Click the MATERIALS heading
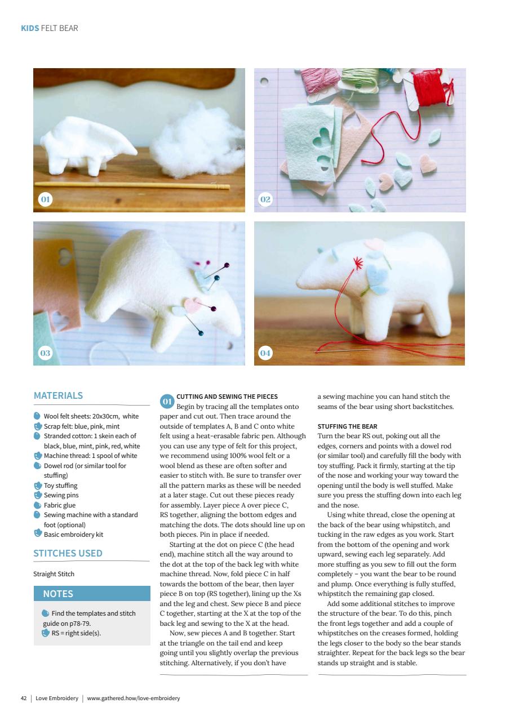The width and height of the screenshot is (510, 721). [x=59, y=396]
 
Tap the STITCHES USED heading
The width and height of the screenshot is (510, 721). [x=68, y=553]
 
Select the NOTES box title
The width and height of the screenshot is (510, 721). [x=58, y=594]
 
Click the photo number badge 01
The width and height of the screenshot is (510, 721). [x=45, y=199]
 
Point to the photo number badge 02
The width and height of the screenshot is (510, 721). [x=265, y=199]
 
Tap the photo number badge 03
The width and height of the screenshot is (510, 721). [x=45, y=353]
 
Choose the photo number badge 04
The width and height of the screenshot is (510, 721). [x=265, y=353]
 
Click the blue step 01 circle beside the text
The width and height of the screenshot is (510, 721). [x=167, y=402]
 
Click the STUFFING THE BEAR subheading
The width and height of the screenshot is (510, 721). [x=348, y=426]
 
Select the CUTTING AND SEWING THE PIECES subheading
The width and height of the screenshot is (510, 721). [x=227, y=397]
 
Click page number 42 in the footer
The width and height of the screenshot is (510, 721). [x=24, y=698]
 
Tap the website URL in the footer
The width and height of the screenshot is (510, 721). [x=134, y=698]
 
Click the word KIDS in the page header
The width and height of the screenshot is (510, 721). [x=30, y=28]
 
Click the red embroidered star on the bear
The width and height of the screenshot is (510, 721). [x=357, y=262]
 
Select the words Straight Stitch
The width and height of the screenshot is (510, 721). [x=54, y=574]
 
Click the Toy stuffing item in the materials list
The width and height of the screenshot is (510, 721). [x=61, y=486]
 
